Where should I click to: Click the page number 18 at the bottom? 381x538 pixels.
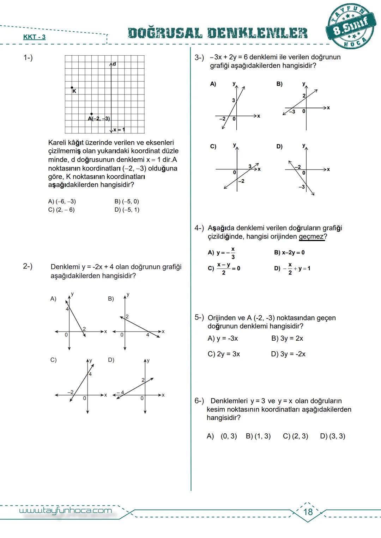(x=308, y=512)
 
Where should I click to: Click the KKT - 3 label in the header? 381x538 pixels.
(x=34, y=37)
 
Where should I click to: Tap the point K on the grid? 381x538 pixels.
(x=72, y=88)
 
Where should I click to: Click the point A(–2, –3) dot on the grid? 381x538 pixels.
(x=92, y=114)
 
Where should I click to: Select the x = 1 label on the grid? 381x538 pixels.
(x=119, y=130)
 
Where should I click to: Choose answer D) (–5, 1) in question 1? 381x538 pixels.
(x=127, y=210)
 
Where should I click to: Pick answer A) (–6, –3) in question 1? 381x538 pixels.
(x=62, y=202)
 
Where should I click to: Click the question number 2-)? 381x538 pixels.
(x=28, y=266)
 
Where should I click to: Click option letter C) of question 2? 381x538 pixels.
(x=53, y=360)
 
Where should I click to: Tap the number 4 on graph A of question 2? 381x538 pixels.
(x=67, y=309)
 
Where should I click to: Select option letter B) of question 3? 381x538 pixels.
(x=279, y=84)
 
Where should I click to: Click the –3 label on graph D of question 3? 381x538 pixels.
(x=302, y=187)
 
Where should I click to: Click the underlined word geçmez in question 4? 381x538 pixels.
(x=311, y=237)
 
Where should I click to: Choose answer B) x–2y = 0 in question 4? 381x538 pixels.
(x=289, y=253)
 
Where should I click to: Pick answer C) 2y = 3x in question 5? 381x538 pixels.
(x=224, y=354)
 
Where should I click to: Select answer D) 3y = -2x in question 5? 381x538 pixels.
(x=288, y=354)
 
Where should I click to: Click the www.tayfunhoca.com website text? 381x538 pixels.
(x=65, y=511)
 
